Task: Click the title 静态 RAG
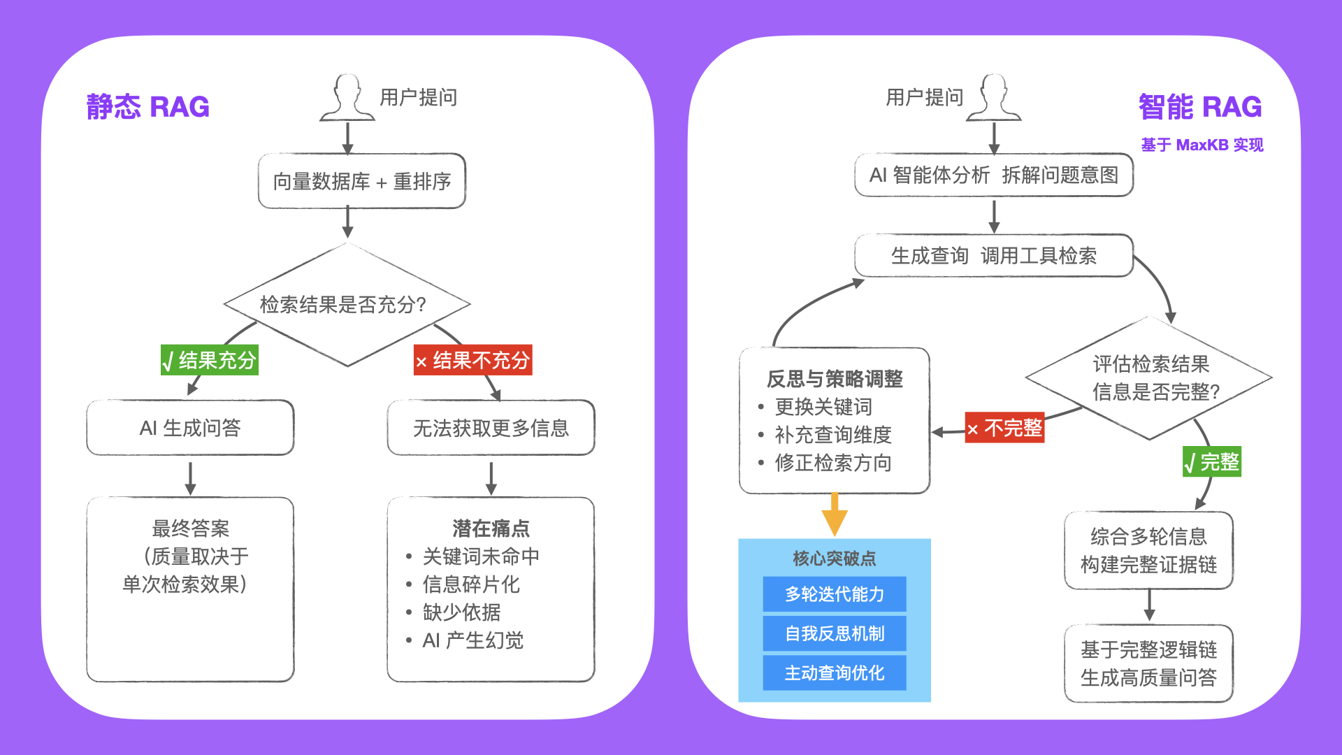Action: [x=147, y=107]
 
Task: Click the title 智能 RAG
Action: [x=1199, y=107]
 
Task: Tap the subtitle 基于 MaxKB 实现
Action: [x=1202, y=145]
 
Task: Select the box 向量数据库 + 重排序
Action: [x=361, y=181]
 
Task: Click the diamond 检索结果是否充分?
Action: [x=347, y=304]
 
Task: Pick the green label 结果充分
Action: [x=210, y=360]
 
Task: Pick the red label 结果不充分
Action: [x=472, y=360]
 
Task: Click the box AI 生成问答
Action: [x=190, y=427]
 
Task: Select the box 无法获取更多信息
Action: [x=491, y=427]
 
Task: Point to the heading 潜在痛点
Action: [x=491, y=528]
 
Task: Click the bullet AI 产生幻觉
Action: [x=472, y=640]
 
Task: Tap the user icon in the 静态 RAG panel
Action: [x=347, y=98]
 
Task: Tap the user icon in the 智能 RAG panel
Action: [x=993, y=98]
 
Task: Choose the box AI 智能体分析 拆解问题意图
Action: [x=993, y=175]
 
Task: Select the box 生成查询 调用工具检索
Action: [x=993, y=255]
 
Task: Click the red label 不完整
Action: [x=1004, y=427]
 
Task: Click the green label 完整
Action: [x=1212, y=461]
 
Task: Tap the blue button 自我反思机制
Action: [x=835, y=633]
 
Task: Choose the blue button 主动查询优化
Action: [x=835, y=673]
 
